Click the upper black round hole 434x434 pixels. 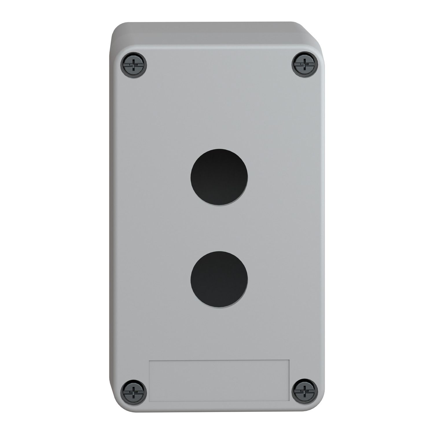coord(219,176)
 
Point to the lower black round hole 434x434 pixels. coord(219,279)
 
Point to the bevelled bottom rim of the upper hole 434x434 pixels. coord(219,204)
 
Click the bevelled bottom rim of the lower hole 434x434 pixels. coord(219,306)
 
